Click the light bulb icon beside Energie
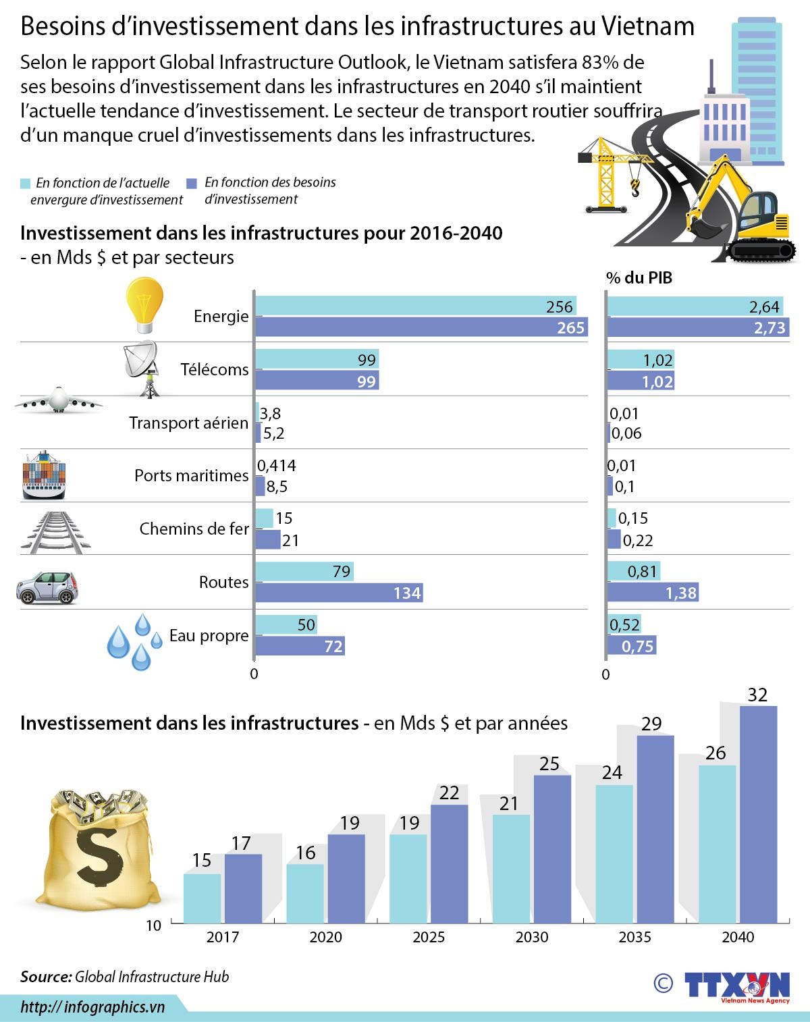click(144, 305)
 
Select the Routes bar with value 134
click(338, 593)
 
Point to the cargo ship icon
click(44, 475)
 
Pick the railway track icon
click(55, 533)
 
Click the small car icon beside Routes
click(47, 587)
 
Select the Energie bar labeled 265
click(421, 327)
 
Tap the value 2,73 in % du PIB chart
click(769, 328)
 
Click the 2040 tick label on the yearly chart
click(738, 937)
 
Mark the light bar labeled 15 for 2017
click(202, 898)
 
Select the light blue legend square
click(26, 184)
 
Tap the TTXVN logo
click(736, 986)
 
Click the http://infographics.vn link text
click(92, 1006)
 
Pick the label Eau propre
click(209, 635)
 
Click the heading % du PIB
click(639, 277)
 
